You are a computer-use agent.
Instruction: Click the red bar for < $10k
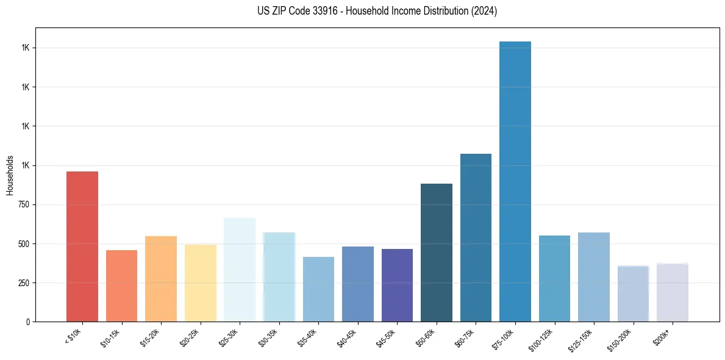click(x=82, y=247)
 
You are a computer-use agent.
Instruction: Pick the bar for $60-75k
click(x=476, y=237)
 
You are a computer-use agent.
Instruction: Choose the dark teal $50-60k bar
click(x=437, y=253)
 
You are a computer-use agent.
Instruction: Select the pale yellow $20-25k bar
click(x=200, y=283)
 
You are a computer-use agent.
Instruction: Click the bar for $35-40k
click(x=318, y=289)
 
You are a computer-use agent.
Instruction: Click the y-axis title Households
click(x=10, y=175)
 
